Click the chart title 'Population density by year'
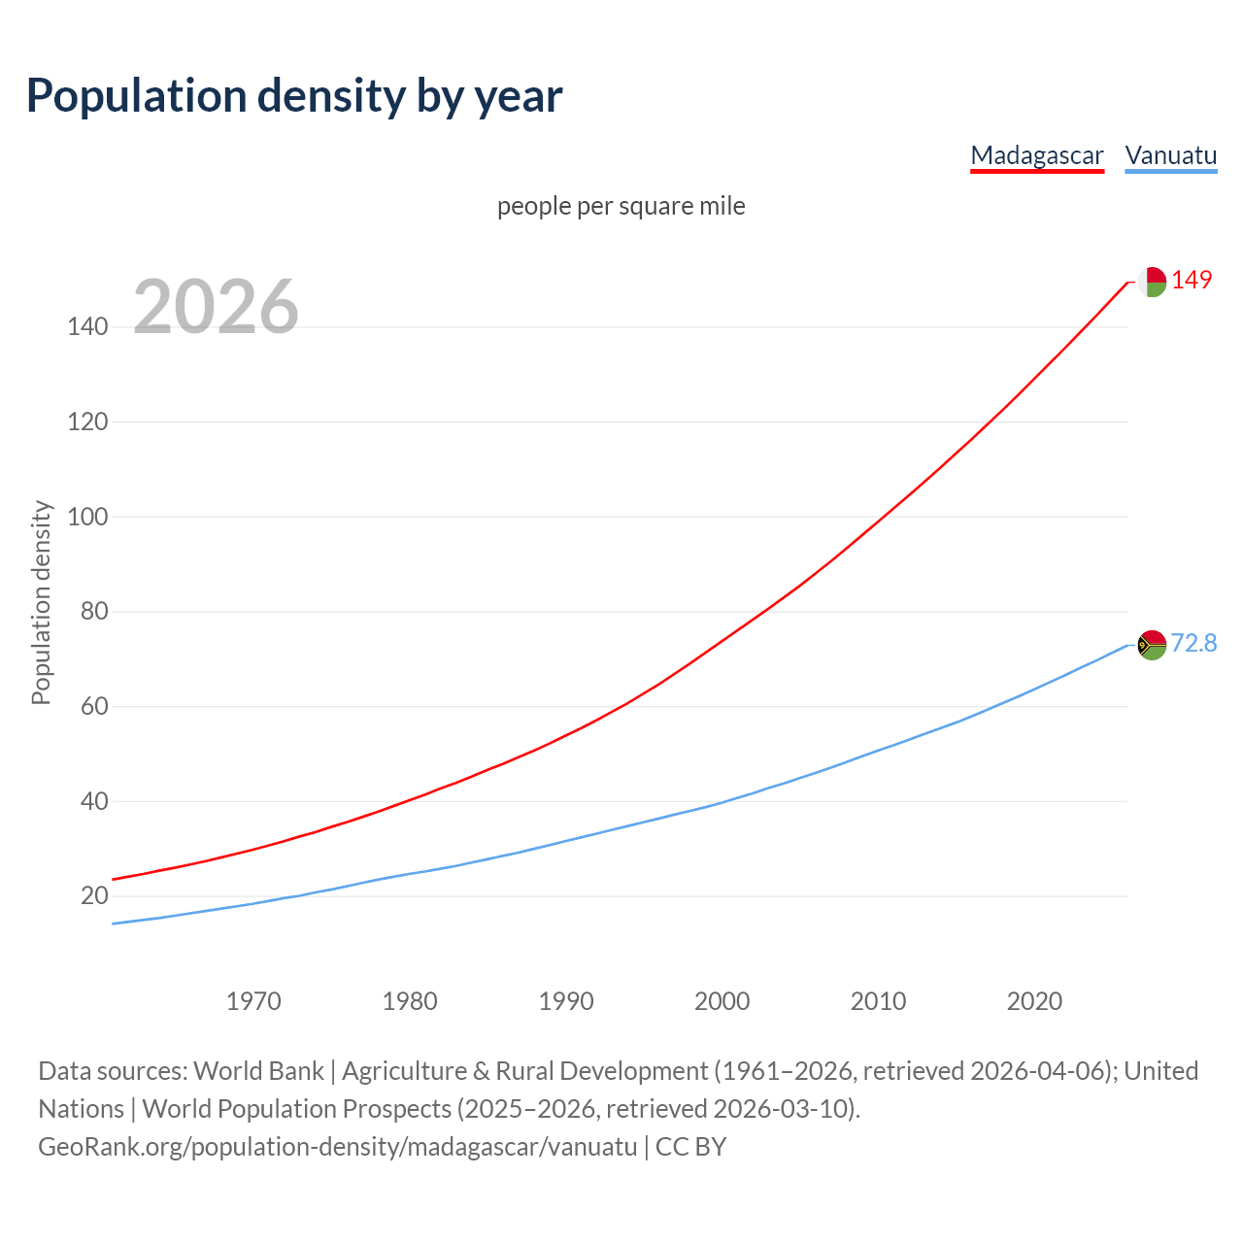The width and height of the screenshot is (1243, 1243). [294, 95]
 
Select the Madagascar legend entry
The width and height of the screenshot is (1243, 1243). [1037, 155]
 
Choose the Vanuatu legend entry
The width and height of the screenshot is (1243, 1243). [1170, 155]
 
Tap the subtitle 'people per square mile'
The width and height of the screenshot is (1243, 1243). [621, 206]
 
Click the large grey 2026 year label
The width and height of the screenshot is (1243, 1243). [216, 307]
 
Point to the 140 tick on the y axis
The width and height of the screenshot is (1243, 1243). [87, 327]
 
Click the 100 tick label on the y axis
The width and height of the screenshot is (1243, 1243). [87, 517]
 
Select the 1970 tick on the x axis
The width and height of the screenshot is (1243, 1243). [253, 1001]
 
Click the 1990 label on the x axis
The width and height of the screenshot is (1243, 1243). [566, 1001]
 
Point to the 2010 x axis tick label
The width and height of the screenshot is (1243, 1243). [878, 1001]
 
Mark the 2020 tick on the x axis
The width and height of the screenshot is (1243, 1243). [1034, 1001]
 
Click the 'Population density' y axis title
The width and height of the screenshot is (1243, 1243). [41, 602]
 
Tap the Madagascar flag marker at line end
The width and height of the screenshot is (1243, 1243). [1152, 282]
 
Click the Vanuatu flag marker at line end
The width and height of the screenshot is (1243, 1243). [1152, 645]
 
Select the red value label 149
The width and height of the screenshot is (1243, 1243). [1192, 280]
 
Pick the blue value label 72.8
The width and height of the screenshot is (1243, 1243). [1193, 643]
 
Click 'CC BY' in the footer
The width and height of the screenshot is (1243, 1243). [690, 1147]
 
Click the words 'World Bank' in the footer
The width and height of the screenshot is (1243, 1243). [258, 1071]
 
